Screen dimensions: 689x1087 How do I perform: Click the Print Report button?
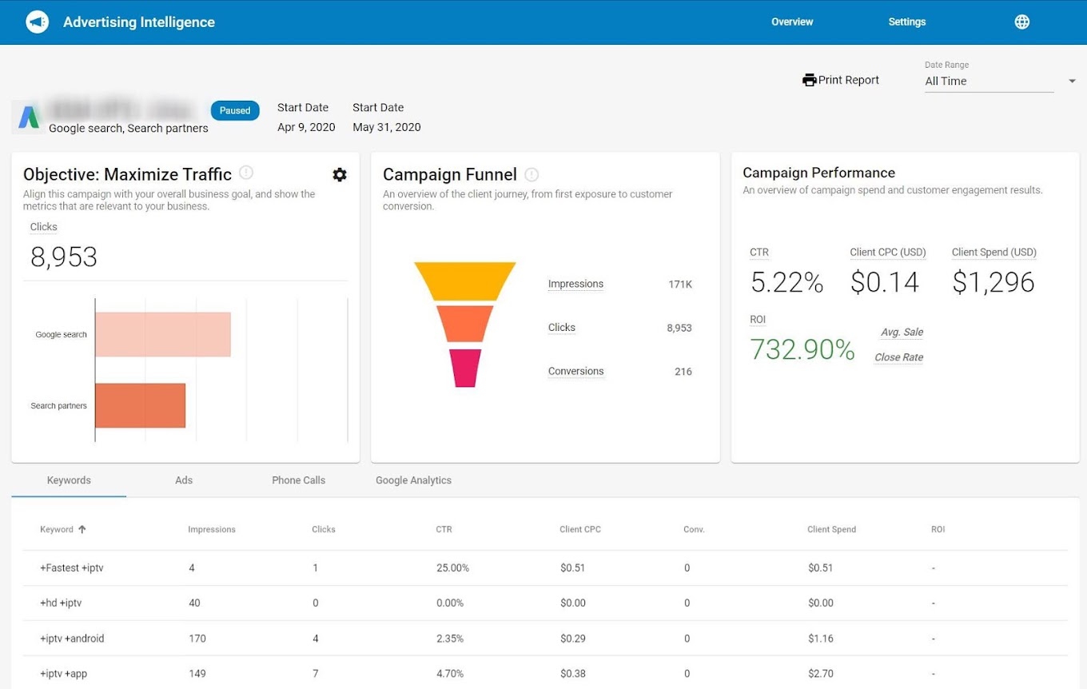coord(840,80)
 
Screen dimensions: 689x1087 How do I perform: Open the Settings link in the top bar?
coord(906,22)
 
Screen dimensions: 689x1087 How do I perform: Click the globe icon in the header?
coord(1021,22)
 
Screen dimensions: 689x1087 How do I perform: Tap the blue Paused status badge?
coord(235,110)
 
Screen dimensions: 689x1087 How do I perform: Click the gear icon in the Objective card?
coord(340,174)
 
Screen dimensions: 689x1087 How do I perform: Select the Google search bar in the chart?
coord(162,334)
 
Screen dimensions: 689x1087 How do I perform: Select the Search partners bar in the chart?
coord(140,405)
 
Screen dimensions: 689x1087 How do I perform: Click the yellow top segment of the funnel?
coord(464,281)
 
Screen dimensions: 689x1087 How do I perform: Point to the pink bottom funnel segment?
coord(464,368)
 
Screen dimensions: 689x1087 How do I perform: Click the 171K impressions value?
coord(680,285)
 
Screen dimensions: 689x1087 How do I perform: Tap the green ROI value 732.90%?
coord(802,349)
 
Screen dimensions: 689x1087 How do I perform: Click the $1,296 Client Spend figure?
coord(993,282)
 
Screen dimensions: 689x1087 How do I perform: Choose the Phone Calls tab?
coord(298,480)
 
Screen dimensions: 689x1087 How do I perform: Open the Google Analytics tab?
coord(413,480)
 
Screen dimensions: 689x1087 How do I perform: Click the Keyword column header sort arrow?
coord(82,529)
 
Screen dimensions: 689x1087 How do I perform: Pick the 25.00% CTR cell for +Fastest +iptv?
coord(452,568)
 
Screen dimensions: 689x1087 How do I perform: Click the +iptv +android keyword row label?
coord(72,639)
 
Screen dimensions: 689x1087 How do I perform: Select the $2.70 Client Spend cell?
coord(821,674)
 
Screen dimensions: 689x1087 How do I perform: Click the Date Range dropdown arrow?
coord(1072,81)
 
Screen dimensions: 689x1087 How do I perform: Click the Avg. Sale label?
coord(902,332)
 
